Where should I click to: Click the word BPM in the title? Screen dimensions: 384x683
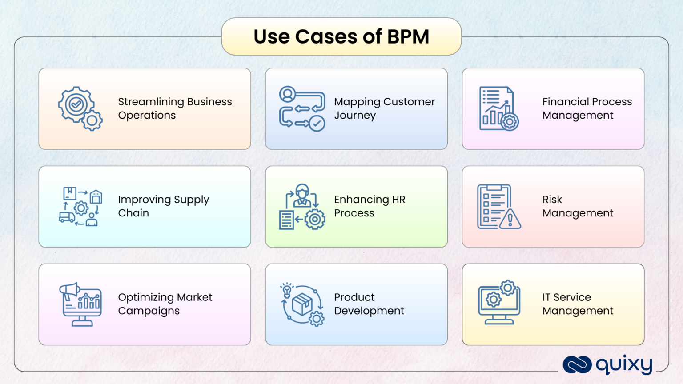[408, 37]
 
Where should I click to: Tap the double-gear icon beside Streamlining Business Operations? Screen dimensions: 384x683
[80, 108]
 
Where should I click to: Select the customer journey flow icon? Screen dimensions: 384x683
[302, 108]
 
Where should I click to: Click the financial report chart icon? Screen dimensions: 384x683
[498, 108]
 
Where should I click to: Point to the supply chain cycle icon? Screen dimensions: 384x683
[80, 207]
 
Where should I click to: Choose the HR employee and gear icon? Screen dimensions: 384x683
[302, 207]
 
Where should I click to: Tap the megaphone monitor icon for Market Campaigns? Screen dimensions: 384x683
[80, 304]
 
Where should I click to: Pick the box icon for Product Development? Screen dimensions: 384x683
[302, 304]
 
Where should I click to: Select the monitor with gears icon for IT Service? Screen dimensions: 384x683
[498, 303]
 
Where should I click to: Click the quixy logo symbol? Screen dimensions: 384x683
[577, 365]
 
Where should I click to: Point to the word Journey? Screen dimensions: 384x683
[355, 116]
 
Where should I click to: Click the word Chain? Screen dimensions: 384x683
[133, 213]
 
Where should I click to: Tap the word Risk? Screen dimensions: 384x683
[552, 200]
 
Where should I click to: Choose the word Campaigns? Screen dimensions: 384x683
[149, 311]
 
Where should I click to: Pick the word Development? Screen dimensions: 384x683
[369, 311]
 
